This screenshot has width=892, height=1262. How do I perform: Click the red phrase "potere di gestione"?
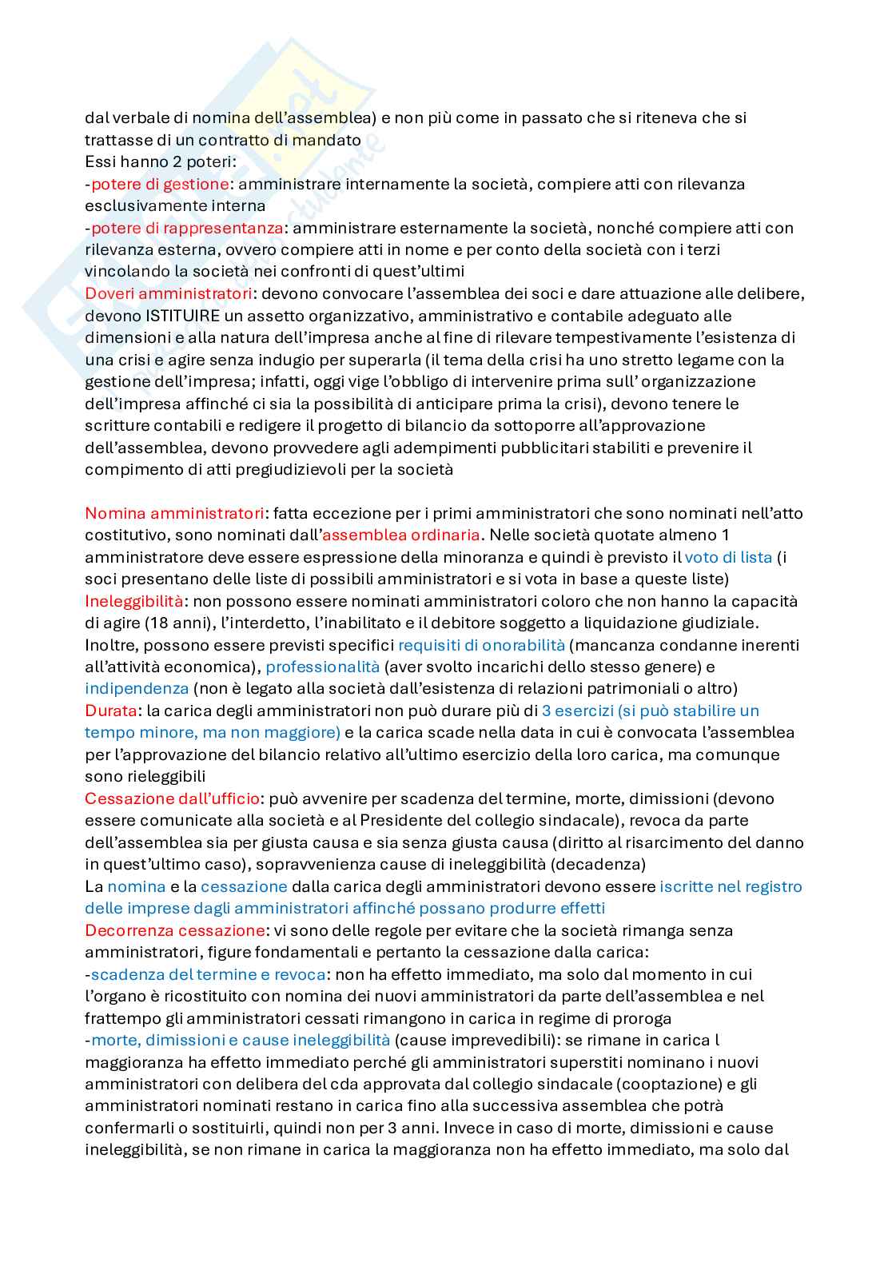point(160,184)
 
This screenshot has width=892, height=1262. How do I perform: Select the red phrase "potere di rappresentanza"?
point(186,228)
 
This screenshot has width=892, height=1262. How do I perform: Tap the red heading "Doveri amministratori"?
point(169,293)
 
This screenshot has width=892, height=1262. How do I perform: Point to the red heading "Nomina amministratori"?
point(174,513)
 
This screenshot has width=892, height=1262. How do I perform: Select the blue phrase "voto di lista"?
point(728,557)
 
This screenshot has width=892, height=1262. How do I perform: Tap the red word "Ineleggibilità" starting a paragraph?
point(133,601)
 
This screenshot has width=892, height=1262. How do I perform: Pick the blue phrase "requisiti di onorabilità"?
point(481,645)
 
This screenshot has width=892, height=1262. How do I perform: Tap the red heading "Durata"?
point(111,711)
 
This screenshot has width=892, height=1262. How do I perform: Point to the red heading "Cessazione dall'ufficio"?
point(172,798)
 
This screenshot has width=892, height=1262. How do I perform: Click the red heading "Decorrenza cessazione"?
point(174,930)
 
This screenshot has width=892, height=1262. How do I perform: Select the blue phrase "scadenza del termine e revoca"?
point(208,974)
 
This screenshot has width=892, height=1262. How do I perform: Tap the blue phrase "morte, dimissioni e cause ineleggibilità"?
point(241,1040)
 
